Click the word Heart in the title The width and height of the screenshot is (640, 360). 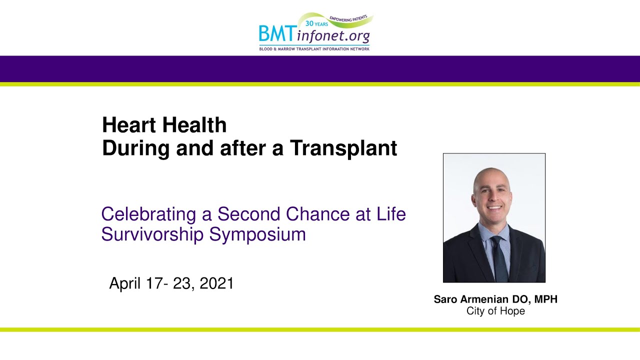(129, 125)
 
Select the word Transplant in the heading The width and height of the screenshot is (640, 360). (343, 149)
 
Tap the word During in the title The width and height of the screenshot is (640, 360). (136, 149)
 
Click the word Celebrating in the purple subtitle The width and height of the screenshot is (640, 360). (148, 214)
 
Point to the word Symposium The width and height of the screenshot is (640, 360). (257, 235)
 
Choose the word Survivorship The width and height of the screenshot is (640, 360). (152, 235)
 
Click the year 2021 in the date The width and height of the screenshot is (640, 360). (216, 283)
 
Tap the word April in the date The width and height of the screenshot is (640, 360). (125, 283)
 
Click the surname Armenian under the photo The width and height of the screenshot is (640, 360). (484, 299)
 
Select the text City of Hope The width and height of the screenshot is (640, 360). (495, 311)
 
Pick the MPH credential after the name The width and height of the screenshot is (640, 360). (545, 299)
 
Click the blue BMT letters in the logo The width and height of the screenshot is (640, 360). (277, 33)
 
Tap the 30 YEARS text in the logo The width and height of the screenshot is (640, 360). (316, 23)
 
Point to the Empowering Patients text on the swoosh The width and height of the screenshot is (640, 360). (348, 18)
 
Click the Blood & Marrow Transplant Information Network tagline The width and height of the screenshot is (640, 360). (314, 49)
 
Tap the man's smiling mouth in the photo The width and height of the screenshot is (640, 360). (494, 207)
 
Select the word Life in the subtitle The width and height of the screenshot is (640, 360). (391, 214)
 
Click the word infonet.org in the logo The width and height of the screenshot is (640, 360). (333, 36)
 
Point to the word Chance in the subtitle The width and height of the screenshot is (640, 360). (317, 214)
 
